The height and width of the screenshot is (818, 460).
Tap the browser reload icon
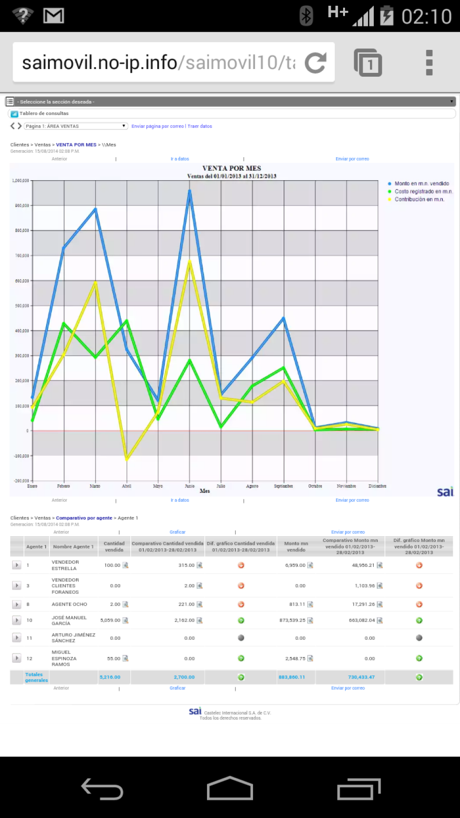coord(315,63)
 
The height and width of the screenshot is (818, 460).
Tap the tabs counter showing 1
coord(368,63)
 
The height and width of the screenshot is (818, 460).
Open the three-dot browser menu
coord(429,63)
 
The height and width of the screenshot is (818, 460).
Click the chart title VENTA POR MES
coord(231,168)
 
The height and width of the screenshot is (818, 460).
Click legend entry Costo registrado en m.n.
coord(423,191)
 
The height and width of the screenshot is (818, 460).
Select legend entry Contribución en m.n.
coord(419,199)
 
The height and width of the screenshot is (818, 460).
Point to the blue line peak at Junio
coord(190,191)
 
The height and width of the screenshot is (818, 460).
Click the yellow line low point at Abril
coord(127,459)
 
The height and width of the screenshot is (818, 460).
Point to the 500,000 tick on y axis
coord(22,306)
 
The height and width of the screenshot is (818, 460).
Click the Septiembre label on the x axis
coord(283,486)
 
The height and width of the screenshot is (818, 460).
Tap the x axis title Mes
coord(205,491)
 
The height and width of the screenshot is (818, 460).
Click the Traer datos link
coord(200,127)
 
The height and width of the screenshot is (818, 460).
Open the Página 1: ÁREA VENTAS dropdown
coord(76,126)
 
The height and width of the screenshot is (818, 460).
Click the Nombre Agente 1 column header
coord(73,547)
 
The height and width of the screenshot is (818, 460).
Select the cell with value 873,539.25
coord(292,620)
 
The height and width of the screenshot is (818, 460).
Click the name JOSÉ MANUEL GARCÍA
coord(69,620)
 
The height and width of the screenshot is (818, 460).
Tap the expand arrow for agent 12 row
coord(17,658)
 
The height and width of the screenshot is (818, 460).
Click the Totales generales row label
coord(36,677)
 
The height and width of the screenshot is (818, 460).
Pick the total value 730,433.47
coord(361,677)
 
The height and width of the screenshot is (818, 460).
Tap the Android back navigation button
coord(102,789)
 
